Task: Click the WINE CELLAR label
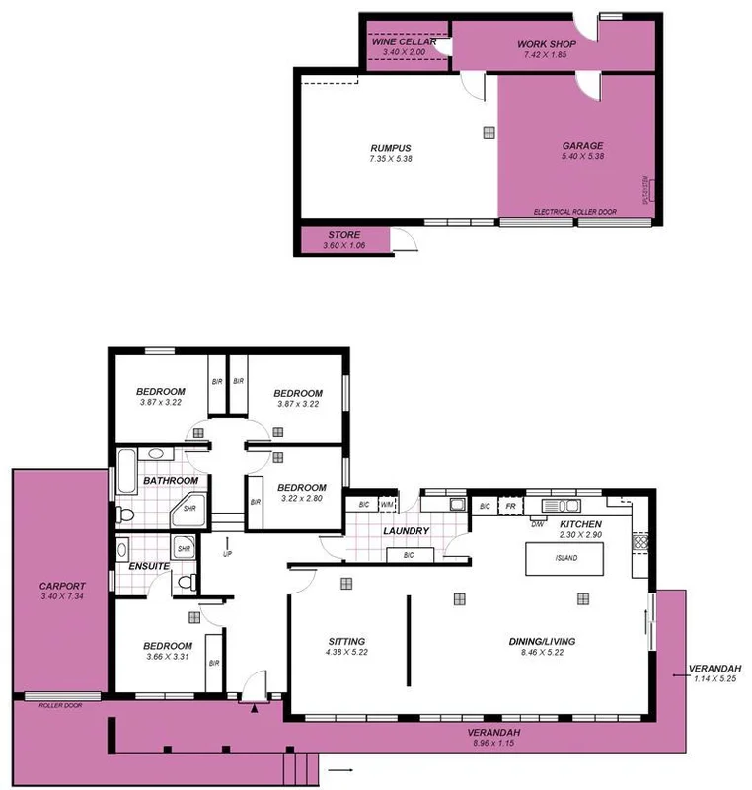[404, 42]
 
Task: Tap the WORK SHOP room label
[546, 44]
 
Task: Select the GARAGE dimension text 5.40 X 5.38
[582, 157]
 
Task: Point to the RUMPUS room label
[390, 147]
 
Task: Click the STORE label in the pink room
[343, 234]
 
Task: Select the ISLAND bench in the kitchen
[565, 558]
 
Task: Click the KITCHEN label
[580, 523]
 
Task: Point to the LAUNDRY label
[407, 531]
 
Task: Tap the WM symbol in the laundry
[387, 506]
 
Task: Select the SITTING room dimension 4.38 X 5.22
[347, 653]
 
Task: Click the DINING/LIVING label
[542, 641]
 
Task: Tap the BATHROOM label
[171, 481]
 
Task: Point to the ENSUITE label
[149, 566]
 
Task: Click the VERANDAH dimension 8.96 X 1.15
[493, 744]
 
